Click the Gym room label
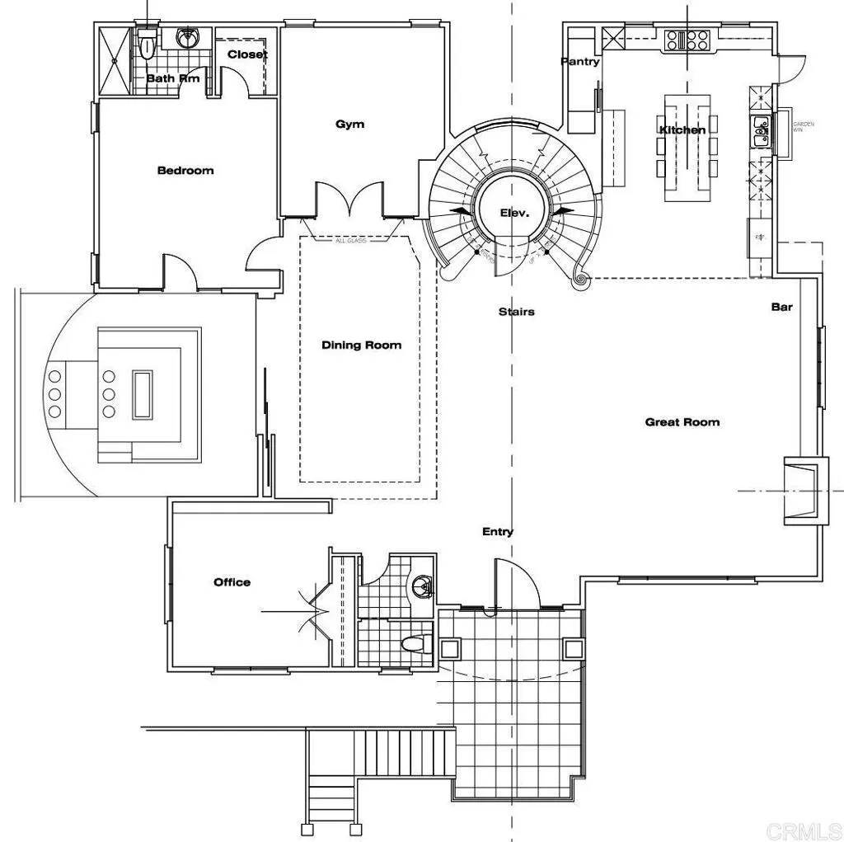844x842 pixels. pos(349,125)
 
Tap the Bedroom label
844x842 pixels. pos(185,171)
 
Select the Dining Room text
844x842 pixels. pos(361,345)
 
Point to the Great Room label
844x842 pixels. pos(682,422)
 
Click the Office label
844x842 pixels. pos(232,582)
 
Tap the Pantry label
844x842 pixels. pos(580,62)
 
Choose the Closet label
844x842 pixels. pos(247,54)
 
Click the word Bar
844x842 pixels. pos(781,307)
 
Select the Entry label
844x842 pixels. pos(498,532)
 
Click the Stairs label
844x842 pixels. pos(516,312)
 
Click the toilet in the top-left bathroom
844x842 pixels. pos(148,45)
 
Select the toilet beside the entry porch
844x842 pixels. pos(414,644)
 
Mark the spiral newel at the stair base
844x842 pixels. pos(581,280)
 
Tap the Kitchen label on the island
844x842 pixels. pos(682,130)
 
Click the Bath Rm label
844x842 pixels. pos(173,79)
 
